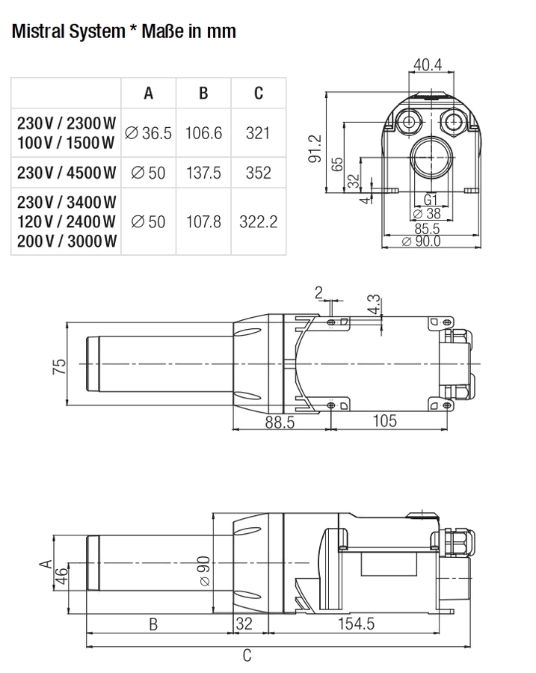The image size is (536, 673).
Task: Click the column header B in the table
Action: tap(203, 93)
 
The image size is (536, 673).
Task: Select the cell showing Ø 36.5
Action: tap(148, 133)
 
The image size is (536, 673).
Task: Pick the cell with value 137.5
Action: tap(203, 173)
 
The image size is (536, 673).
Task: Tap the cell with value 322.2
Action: tap(259, 221)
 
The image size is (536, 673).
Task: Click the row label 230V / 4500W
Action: tap(67, 173)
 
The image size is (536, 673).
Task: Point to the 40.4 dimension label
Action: tap(428, 64)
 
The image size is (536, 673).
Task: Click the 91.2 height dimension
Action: tap(315, 149)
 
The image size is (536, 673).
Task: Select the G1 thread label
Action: tap(430, 200)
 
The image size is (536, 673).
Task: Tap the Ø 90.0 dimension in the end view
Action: tap(421, 242)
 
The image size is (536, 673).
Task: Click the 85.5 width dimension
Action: tap(427, 228)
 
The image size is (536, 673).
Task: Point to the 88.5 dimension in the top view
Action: tap(280, 422)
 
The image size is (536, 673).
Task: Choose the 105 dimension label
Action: tap(384, 420)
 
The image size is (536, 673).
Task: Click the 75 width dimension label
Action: tap(60, 366)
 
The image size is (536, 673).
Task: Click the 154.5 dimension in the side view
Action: tap(356, 623)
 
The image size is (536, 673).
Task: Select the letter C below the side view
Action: tap(247, 655)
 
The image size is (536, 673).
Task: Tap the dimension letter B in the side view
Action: tap(153, 624)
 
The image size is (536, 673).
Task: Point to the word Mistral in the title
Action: tap(38, 31)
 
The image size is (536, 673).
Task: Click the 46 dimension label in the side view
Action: tap(62, 576)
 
